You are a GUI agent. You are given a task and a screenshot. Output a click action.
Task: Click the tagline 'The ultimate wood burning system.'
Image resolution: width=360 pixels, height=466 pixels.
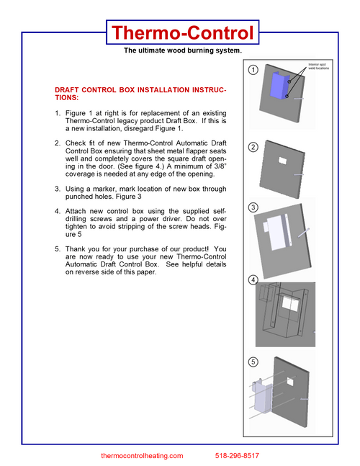tap(181, 50)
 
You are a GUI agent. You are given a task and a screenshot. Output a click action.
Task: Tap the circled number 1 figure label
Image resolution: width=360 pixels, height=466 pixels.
tap(253, 71)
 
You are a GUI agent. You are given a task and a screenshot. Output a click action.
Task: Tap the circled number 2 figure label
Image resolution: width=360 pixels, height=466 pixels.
tap(253, 147)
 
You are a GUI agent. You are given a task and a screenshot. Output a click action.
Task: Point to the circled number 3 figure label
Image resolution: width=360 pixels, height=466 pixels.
tap(253, 207)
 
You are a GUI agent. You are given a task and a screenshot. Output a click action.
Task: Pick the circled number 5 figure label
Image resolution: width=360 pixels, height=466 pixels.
tap(253, 362)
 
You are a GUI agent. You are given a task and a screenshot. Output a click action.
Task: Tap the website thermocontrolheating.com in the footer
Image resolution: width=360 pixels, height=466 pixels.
tap(142, 456)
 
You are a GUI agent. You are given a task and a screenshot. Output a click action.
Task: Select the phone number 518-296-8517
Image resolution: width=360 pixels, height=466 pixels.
tap(237, 456)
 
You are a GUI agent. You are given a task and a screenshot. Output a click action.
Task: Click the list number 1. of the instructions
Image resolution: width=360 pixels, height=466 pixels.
tap(58, 113)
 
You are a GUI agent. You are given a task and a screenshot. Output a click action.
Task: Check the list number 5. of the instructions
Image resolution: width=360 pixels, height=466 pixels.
tap(58, 249)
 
